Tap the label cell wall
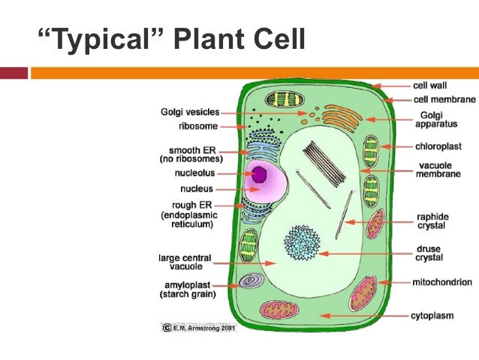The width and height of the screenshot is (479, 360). click(x=430, y=86)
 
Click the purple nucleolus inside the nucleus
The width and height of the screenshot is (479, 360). click(x=260, y=175)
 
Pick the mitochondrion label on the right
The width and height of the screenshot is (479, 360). click(x=442, y=282)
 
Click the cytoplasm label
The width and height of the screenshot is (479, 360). click(x=432, y=316)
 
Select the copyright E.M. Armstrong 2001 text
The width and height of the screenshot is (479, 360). click(x=198, y=328)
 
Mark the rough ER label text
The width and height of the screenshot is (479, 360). click(x=191, y=205)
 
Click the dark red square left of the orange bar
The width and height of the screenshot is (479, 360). click(x=14, y=73)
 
